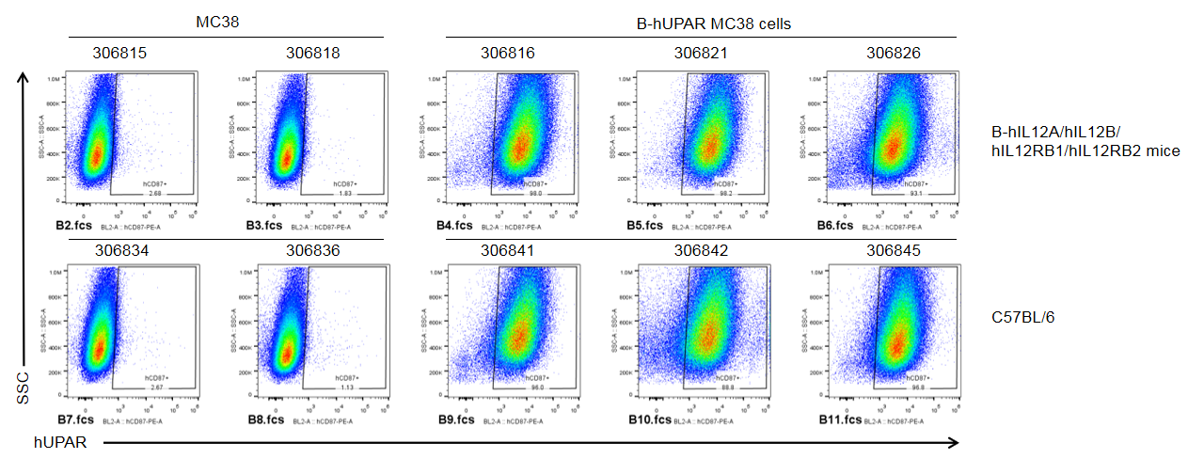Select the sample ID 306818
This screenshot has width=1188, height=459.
coord(313,54)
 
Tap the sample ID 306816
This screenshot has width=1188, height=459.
coord(507,54)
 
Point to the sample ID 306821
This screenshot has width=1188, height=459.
coord(701,54)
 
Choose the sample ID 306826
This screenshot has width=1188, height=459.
coord(894,54)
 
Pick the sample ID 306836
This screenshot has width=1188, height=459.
coord(313,251)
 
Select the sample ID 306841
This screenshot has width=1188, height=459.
coord(507,251)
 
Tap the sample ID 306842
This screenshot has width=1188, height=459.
coord(701,251)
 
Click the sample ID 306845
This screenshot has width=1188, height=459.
coord(894,251)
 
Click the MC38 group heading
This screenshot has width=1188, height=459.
coord(217,22)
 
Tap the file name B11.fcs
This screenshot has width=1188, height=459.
coord(839,420)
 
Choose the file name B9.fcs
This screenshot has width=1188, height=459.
coord(455,420)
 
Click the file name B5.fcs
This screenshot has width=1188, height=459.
coord(646,227)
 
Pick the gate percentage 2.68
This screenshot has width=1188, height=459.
coord(155,193)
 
